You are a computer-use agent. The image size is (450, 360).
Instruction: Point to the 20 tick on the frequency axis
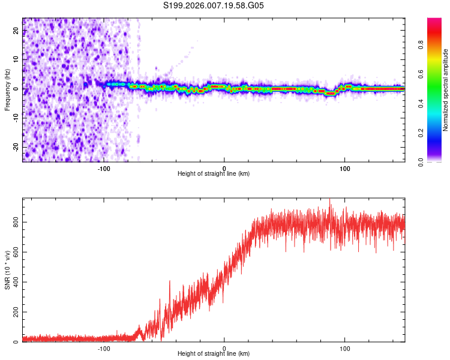click(16, 31)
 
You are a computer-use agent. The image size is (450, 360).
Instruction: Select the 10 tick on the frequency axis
click(16, 60)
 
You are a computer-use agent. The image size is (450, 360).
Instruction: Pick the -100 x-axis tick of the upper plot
click(104, 168)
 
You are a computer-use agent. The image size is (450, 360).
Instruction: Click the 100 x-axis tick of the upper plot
click(344, 168)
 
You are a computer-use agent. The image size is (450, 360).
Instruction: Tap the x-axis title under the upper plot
click(214, 174)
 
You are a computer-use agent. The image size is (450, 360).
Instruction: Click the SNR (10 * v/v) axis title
click(7, 270)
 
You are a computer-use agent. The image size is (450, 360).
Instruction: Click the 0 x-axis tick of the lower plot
click(224, 348)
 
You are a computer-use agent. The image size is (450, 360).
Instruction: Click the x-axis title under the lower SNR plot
click(214, 354)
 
